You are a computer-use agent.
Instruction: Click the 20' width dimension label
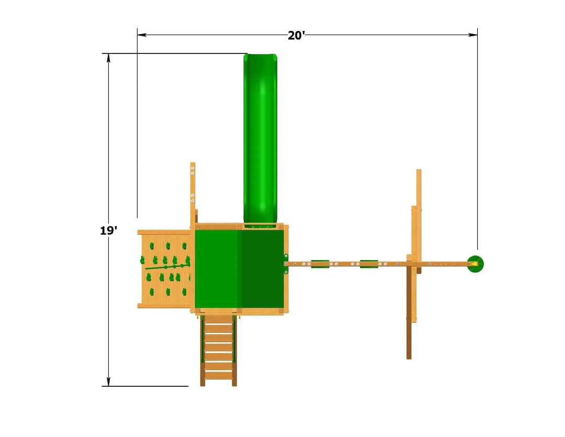pyautogui.click(x=296, y=36)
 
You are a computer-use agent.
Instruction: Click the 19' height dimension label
pyautogui.click(x=108, y=230)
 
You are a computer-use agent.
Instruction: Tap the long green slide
pyautogui.click(x=260, y=139)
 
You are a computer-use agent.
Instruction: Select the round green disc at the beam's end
pyautogui.click(x=475, y=264)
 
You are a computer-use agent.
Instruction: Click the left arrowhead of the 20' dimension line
pyautogui.click(x=142, y=35)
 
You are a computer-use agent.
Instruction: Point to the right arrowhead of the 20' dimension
pyautogui.click(x=473, y=35)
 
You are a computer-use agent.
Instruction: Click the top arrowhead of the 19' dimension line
pyautogui.click(x=108, y=58)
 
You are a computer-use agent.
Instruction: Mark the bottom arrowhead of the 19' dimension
pyautogui.click(x=108, y=382)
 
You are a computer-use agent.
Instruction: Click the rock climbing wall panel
pyautogui.click(x=165, y=269)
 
